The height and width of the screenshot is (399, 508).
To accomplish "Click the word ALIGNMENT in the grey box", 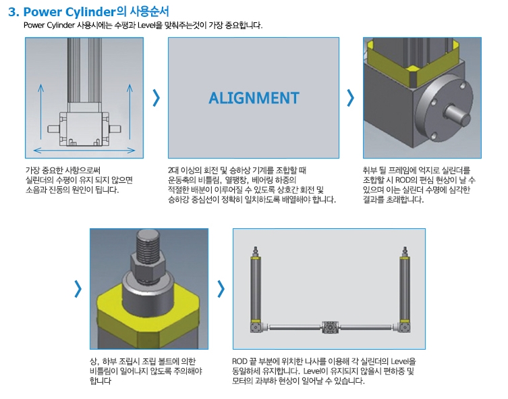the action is coord(254,98).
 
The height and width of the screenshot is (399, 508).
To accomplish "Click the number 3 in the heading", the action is coord(12,12).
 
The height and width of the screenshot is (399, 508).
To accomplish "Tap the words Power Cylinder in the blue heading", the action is coord(69,12).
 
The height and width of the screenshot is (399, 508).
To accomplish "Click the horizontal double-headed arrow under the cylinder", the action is coord(84,150).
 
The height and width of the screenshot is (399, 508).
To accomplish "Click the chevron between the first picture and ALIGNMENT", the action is coord(156,98).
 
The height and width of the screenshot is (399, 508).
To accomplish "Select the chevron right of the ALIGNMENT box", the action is coord(350,98).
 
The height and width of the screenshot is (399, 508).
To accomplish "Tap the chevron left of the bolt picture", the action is coord(78,289).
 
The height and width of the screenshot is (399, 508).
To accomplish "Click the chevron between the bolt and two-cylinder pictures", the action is coord(221,289).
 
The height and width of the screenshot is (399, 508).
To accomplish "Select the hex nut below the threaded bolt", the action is coord(148,267).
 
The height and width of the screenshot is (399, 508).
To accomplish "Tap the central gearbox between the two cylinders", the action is coord(330,327).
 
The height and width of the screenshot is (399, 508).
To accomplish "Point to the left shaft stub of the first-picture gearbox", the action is coord(53,129).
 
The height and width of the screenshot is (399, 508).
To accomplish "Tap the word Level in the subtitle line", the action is coord(146,25).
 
